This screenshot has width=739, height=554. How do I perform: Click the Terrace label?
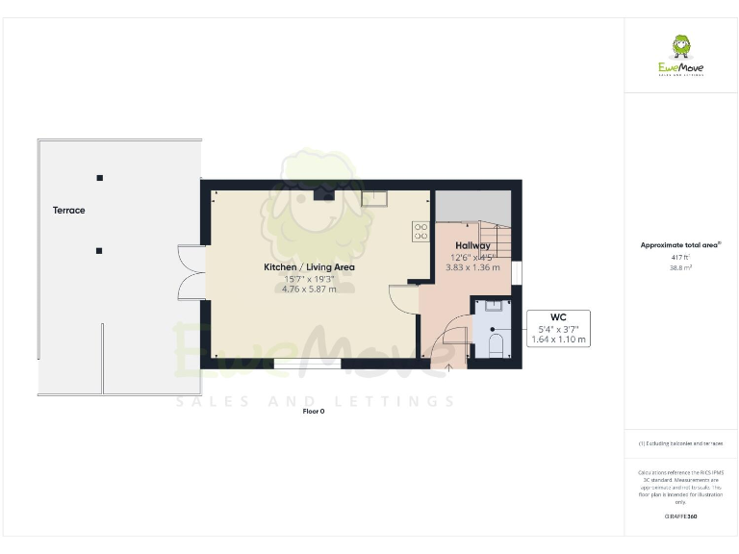coord(69,210)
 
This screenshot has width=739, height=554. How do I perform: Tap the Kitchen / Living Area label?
coord(310,266)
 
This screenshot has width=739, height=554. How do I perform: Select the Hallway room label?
coord(472,246)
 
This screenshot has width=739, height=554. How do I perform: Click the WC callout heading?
coord(558,317)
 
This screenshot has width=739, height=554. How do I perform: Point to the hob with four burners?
coord(420,231)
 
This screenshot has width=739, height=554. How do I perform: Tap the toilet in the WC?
coord(496,345)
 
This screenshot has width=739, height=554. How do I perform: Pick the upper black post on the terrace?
coord(99,178)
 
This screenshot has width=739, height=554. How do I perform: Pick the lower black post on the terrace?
coord(99,251)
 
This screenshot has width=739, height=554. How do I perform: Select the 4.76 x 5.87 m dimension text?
coord(309,290)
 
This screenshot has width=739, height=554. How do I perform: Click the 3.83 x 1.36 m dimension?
coord(472,267)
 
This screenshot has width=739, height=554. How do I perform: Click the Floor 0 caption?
coord(314,411)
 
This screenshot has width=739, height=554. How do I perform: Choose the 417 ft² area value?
coord(681,258)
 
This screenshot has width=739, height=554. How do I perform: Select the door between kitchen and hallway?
coord(404,298)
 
